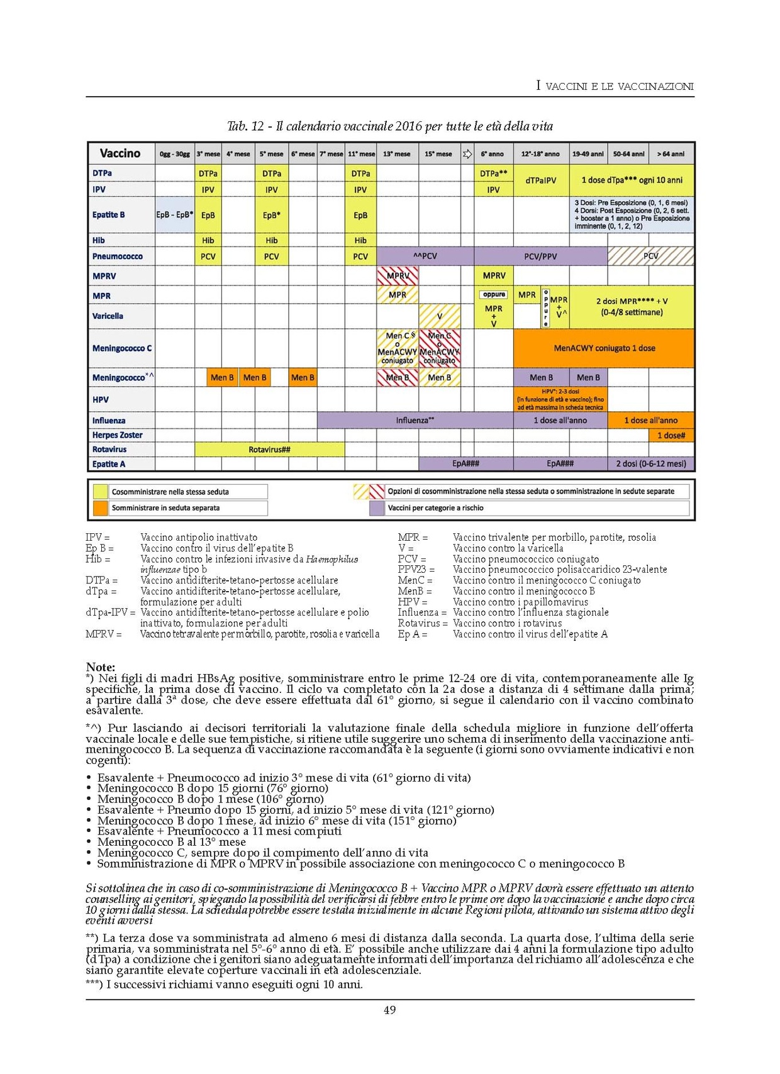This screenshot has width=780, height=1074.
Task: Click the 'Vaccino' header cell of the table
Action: click(x=120, y=153)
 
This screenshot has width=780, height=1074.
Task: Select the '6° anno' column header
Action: click(x=493, y=153)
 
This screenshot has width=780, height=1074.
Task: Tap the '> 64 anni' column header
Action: click(x=671, y=153)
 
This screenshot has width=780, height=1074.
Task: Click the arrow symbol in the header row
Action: click(x=467, y=153)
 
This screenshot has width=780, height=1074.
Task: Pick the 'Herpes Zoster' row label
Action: click(x=118, y=435)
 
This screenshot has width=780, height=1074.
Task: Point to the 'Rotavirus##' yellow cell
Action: click(x=269, y=450)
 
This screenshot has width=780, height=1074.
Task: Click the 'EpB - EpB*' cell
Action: click(x=174, y=215)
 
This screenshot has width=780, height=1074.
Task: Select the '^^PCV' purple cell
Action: click(x=425, y=257)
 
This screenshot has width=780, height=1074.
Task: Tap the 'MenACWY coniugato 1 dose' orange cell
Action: click(x=604, y=348)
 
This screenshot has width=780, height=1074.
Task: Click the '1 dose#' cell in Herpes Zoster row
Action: click(x=671, y=435)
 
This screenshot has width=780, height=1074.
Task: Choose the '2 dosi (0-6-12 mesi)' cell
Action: click(x=651, y=464)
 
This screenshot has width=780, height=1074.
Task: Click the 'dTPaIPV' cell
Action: click(x=541, y=180)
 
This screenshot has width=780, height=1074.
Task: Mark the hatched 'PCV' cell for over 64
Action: click(x=651, y=257)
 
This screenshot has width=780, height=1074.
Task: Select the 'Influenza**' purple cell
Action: click(x=415, y=420)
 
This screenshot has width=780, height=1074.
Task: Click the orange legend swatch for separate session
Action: click(x=101, y=508)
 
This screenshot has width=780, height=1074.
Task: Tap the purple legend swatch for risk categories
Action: click(x=377, y=508)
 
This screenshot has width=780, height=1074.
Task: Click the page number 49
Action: click(x=390, y=1010)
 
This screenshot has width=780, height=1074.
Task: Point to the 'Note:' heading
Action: click(x=101, y=667)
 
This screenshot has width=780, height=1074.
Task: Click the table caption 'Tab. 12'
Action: click(x=246, y=126)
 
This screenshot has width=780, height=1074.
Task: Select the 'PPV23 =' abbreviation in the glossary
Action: click(x=416, y=570)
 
